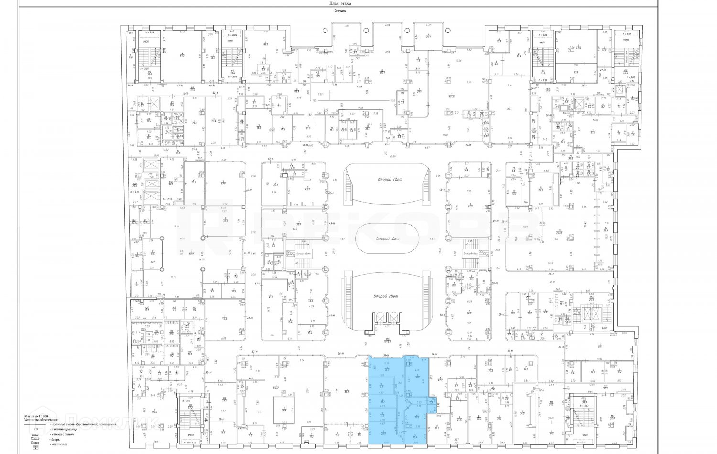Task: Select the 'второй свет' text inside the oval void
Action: (x=387, y=238)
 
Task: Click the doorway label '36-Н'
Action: (x=341, y=354)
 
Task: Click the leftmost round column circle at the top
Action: (x=325, y=30)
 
